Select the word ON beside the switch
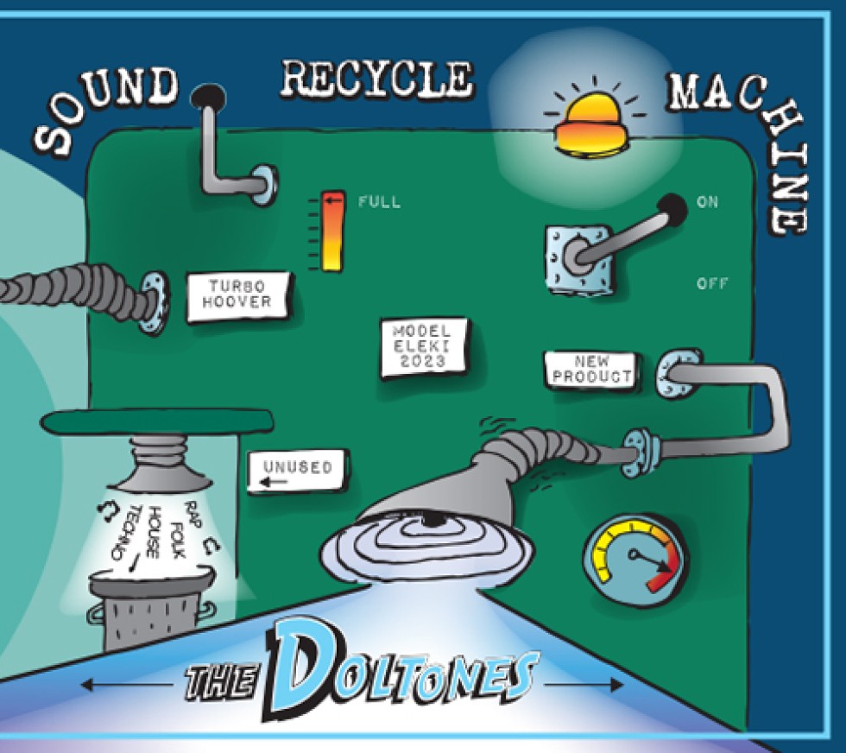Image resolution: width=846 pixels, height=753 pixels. (x=707, y=202)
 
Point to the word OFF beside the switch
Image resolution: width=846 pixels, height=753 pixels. (x=711, y=282)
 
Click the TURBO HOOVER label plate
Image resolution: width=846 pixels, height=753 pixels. (x=239, y=294)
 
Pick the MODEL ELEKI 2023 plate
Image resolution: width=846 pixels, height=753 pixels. (x=424, y=346)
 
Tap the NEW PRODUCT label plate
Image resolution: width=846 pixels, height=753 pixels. (x=591, y=370)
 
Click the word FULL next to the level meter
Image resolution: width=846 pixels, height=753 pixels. (x=379, y=202)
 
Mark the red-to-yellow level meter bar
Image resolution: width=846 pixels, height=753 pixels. (x=331, y=231)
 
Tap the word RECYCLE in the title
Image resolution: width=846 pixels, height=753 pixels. (x=377, y=80)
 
